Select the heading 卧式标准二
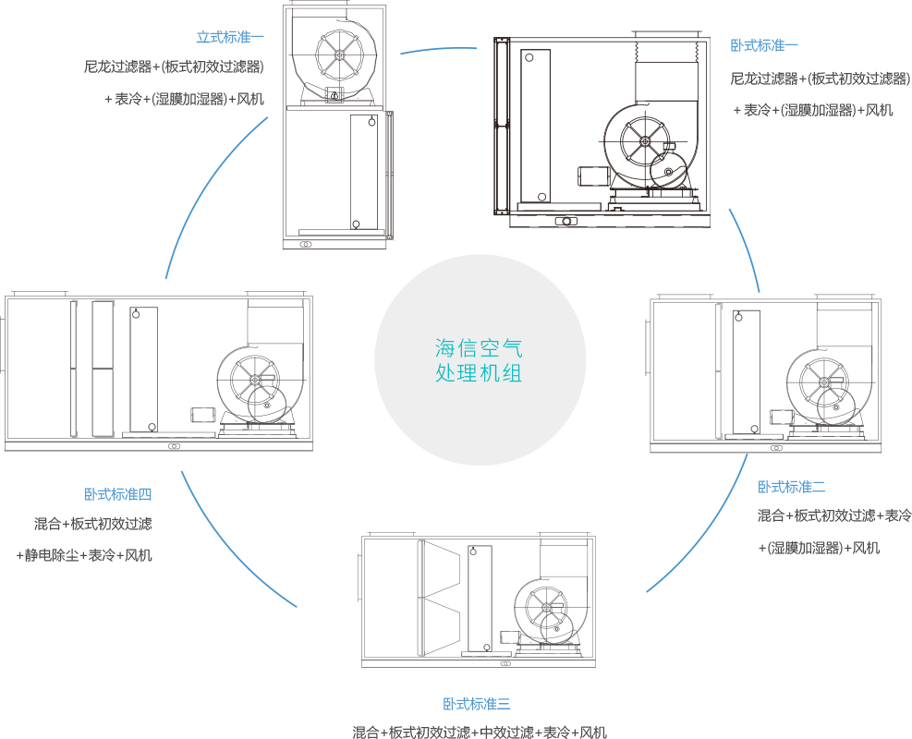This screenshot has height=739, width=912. (x=792, y=487)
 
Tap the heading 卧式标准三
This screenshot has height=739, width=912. (x=476, y=705)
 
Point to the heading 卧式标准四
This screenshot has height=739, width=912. (x=117, y=494)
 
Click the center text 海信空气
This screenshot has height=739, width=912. (x=479, y=349)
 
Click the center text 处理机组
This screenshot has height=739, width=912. (x=479, y=373)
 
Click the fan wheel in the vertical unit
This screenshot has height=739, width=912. (x=339, y=56)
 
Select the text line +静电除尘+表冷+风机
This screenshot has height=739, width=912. (x=84, y=555)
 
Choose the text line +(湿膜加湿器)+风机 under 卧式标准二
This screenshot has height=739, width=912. (x=819, y=548)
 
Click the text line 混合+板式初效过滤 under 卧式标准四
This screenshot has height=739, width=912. (x=93, y=524)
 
